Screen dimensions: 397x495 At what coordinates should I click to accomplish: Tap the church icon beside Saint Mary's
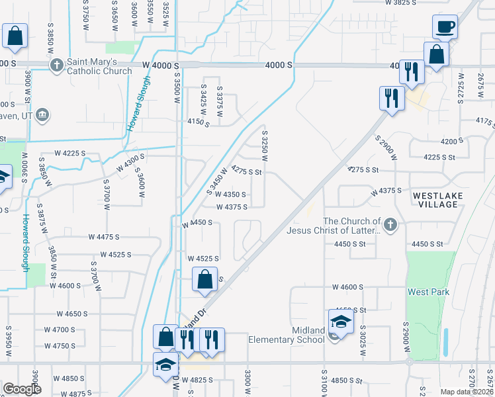pyautogui.click(x=56, y=66)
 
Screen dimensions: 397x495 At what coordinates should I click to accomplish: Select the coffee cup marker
pyautogui.click(x=445, y=27)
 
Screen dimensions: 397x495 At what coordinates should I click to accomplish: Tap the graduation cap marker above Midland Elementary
pyautogui.click(x=341, y=322)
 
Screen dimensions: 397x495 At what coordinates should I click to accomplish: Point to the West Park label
pyautogui.click(x=428, y=292)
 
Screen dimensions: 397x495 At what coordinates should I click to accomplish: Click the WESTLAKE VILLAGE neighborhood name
pyautogui.click(x=435, y=200)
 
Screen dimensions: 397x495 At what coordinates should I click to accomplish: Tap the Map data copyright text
pyautogui.click(x=467, y=392)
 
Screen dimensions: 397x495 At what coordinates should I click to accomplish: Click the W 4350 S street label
pyautogui.click(x=231, y=195)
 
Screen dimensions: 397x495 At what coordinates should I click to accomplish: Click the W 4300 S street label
pyautogui.click(x=130, y=161)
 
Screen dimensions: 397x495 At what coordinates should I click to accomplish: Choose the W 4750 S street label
pyautogui.click(x=60, y=346)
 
